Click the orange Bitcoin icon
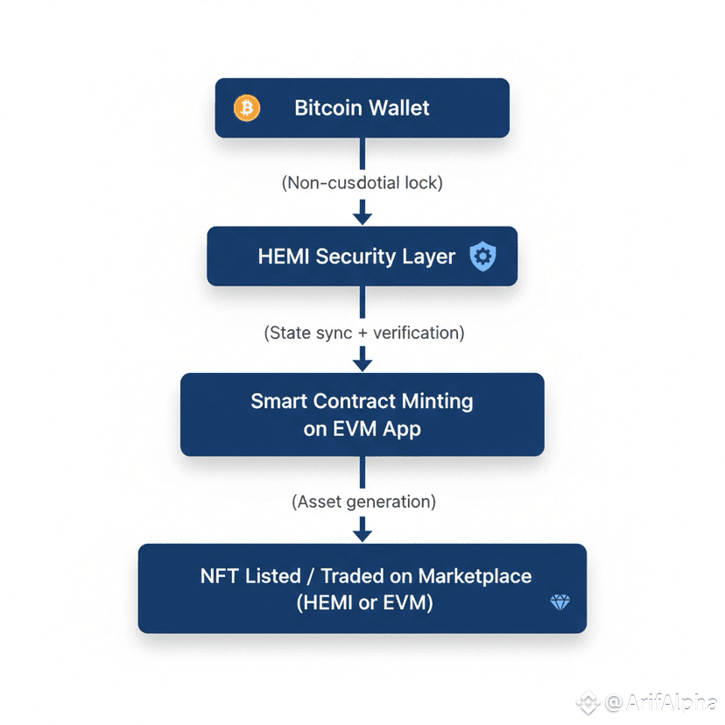(x=247, y=108)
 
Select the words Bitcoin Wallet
(x=362, y=108)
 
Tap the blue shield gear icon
(x=482, y=256)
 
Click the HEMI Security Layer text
(x=356, y=257)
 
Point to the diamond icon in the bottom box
(x=560, y=602)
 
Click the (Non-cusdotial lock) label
(x=362, y=183)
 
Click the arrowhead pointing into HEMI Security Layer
(x=362, y=216)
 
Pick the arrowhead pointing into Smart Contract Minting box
(x=362, y=362)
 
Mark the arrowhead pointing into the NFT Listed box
(x=362, y=532)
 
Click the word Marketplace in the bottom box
(x=475, y=576)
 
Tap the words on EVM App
(x=362, y=429)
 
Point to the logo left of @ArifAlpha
(x=587, y=701)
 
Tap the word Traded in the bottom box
(x=354, y=576)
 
